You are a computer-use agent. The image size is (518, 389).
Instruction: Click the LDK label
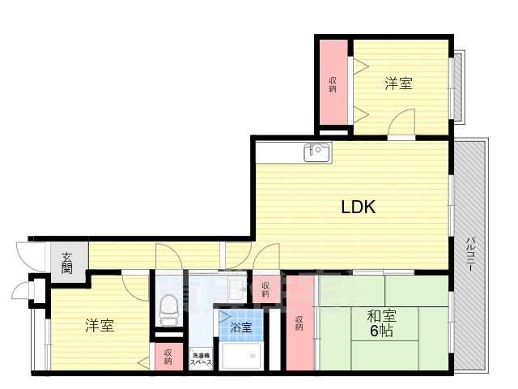(358, 207)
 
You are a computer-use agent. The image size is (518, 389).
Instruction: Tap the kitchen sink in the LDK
(316, 152)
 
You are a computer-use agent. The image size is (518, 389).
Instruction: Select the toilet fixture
(168, 309)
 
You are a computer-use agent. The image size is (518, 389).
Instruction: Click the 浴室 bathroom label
(240, 328)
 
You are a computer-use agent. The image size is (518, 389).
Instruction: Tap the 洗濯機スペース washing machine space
(201, 358)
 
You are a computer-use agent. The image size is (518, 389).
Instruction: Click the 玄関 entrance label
(66, 261)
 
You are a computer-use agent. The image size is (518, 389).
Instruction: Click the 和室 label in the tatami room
(381, 317)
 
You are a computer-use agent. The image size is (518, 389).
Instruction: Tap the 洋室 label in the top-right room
(398, 83)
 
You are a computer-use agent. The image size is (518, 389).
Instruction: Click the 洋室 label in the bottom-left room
(100, 326)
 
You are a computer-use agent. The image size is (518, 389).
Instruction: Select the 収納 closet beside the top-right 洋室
(333, 83)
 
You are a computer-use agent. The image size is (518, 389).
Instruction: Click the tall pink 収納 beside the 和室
(299, 323)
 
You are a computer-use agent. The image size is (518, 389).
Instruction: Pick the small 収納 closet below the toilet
(168, 357)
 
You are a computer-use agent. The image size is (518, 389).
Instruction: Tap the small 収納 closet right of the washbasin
(265, 289)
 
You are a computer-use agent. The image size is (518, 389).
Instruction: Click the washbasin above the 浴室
(236, 289)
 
